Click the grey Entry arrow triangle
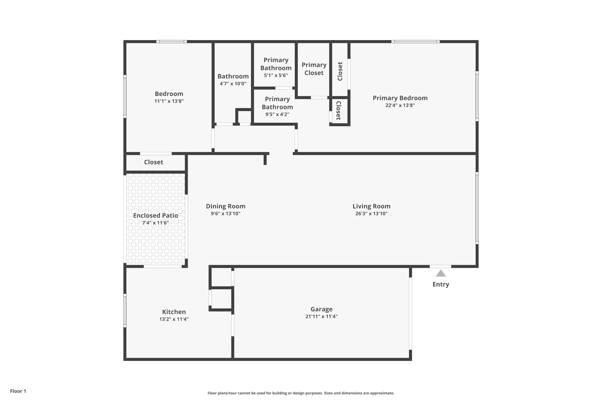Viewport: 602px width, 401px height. [440, 273]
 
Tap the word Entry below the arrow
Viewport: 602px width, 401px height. [441, 284]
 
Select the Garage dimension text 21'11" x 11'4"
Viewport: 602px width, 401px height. [321, 316]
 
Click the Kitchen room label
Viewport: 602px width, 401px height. [174, 312]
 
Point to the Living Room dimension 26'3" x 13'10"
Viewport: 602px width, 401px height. [371, 214]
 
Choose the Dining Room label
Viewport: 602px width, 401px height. [226, 206]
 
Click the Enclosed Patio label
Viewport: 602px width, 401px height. [156, 215]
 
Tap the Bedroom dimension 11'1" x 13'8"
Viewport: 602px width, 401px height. [169, 101]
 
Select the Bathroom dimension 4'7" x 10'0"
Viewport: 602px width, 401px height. [233, 84]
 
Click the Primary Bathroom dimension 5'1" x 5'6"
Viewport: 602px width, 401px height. [276, 75]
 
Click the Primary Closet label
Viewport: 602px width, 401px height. [314, 69]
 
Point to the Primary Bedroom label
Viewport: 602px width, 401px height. [400, 98]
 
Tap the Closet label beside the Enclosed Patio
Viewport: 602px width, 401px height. [154, 162]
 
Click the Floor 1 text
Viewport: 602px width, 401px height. [18, 391]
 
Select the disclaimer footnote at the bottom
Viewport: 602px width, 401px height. [301, 393]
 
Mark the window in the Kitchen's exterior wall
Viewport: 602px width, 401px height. [125, 310]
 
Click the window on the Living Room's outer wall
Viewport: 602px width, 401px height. [477, 208]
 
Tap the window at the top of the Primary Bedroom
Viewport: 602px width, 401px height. [415, 42]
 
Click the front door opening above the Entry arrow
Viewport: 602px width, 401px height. [440, 266]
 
